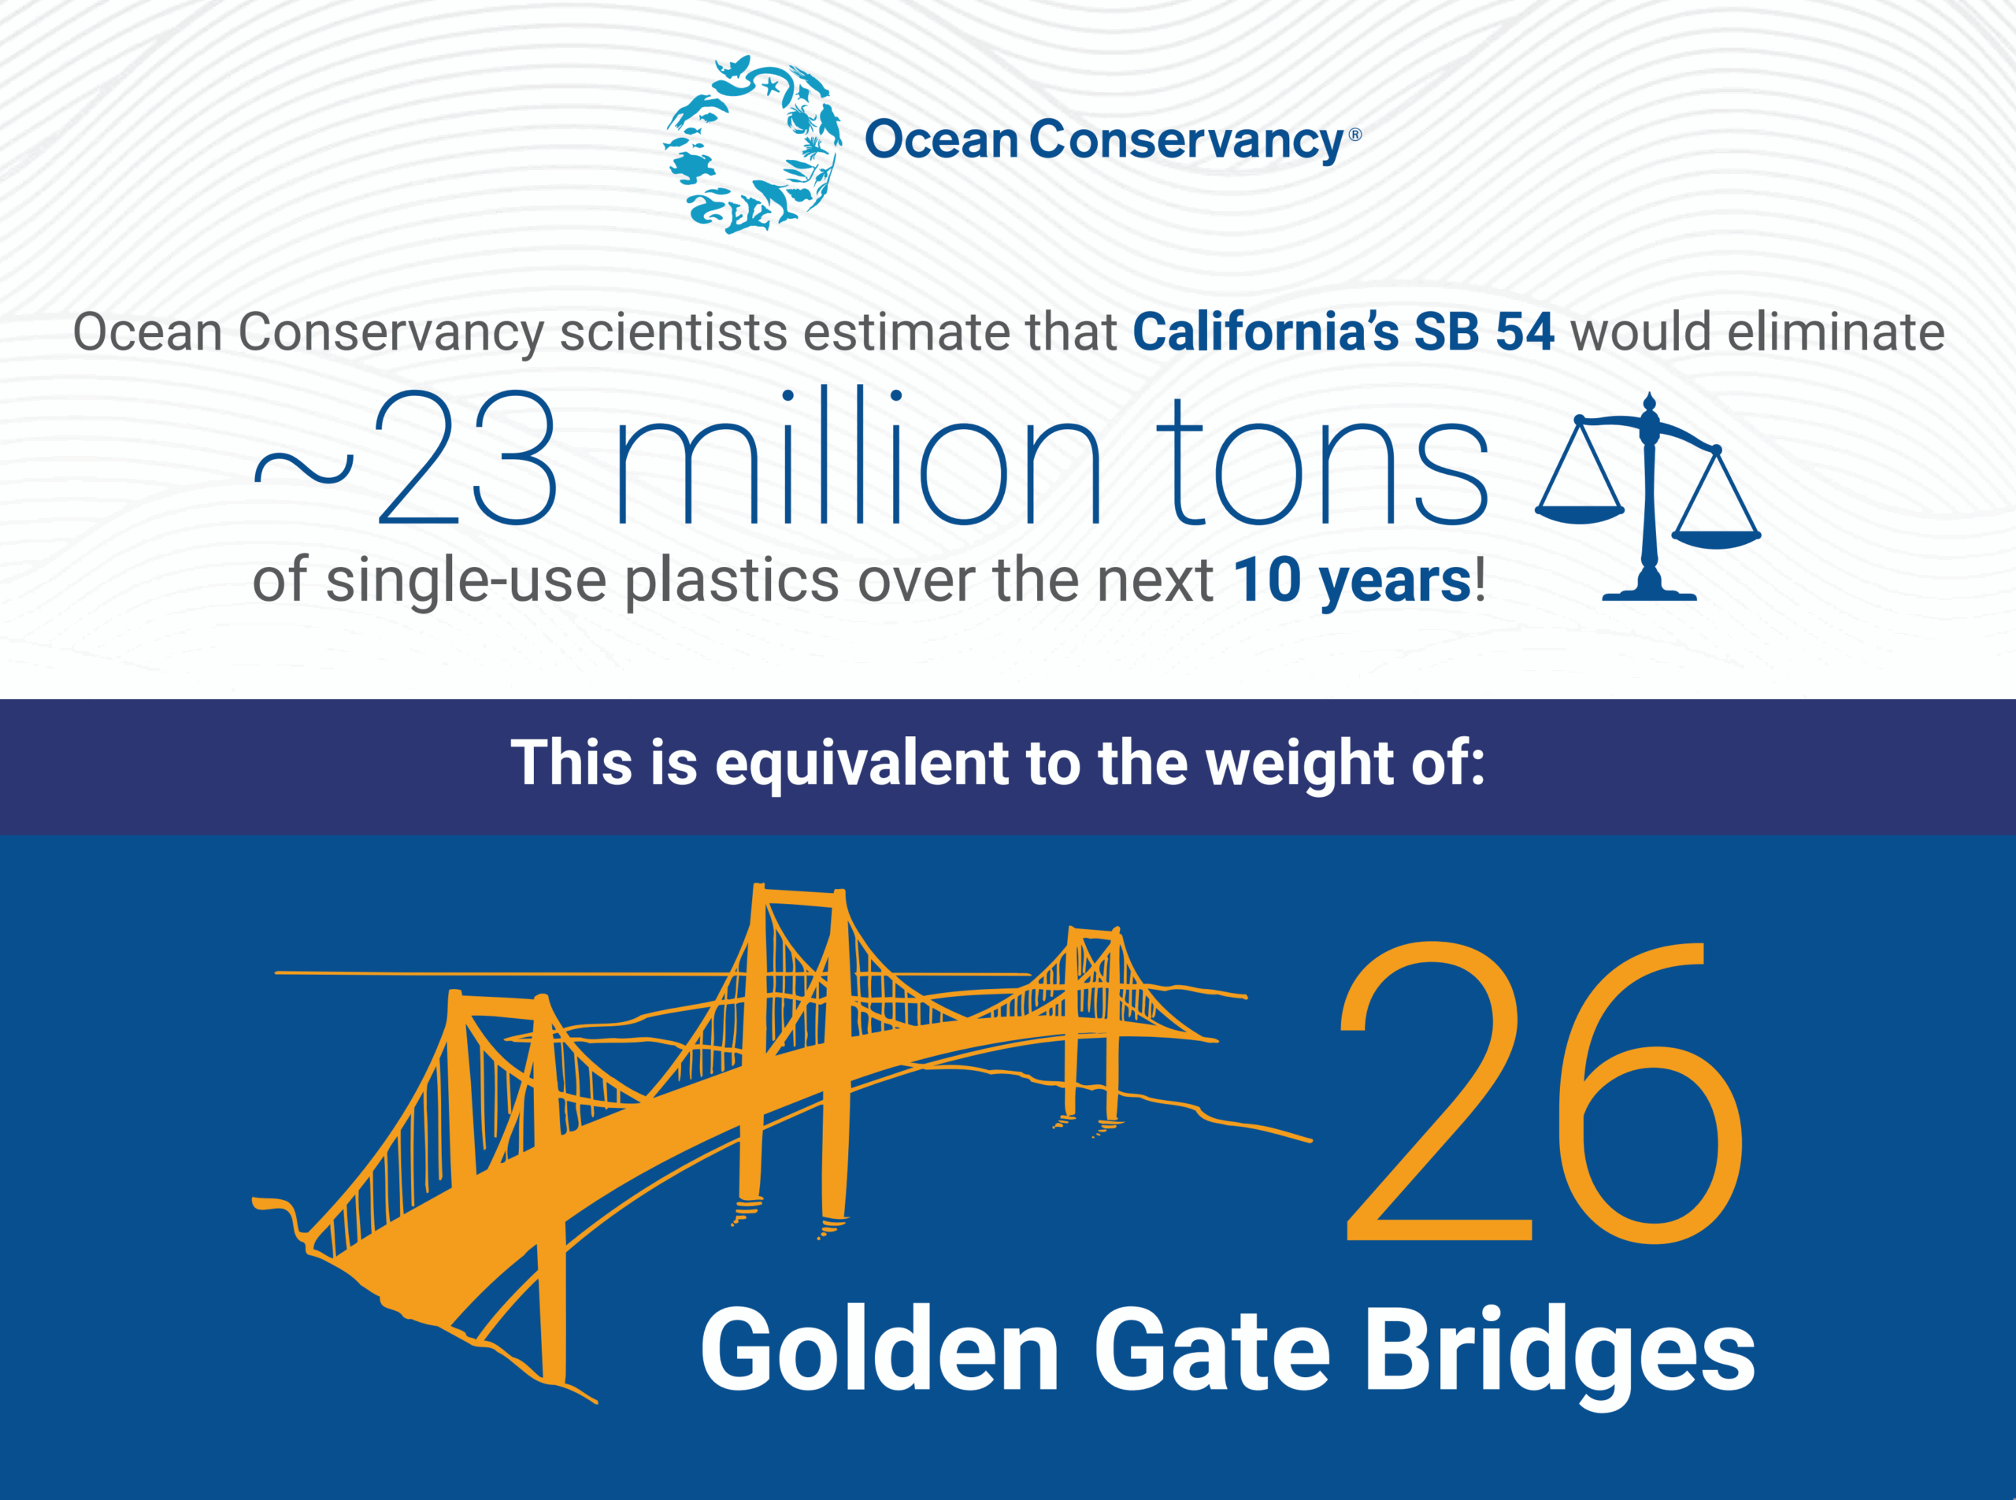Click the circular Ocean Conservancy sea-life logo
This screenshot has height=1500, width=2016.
click(x=752, y=143)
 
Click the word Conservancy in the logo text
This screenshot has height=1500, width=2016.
click(x=1185, y=141)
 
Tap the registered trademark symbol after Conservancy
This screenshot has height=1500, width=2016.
click(x=1355, y=135)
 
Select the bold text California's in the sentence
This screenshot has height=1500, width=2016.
click(x=1265, y=332)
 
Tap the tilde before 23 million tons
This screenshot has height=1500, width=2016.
click(x=303, y=468)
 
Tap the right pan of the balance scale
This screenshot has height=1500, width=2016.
click(x=1715, y=539)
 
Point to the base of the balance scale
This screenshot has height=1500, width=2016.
click(x=1649, y=593)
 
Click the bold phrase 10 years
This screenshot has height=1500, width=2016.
click(x=1351, y=580)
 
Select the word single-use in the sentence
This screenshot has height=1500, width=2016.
click(x=466, y=582)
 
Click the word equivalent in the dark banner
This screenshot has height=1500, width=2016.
click(x=861, y=763)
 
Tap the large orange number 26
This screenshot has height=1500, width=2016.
click(x=1541, y=1094)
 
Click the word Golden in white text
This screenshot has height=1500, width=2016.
click(x=879, y=1350)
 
